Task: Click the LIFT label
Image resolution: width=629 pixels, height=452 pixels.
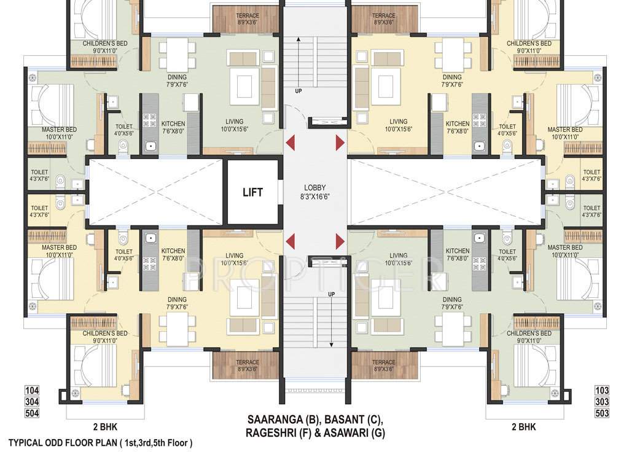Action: (x=252, y=192)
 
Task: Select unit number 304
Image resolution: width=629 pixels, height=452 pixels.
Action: (x=32, y=402)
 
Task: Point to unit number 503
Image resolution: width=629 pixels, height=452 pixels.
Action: (x=602, y=413)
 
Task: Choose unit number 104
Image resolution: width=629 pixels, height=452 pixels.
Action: (x=32, y=391)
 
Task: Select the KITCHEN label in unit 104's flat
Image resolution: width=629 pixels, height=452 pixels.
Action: (x=173, y=251)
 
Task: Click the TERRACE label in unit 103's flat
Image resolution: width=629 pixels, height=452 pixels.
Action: (x=383, y=362)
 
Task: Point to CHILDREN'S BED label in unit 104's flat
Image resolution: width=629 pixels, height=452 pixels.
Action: (x=106, y=333)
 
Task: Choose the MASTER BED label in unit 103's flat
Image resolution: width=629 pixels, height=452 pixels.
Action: (x=565, y=247)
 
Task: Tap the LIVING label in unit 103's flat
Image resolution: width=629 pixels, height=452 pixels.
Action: (x=398, y=255)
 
